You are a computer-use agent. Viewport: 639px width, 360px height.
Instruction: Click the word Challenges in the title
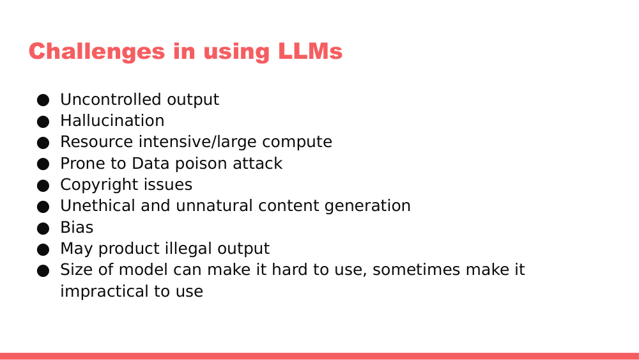[96, 52]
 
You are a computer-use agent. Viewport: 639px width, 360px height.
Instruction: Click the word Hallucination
[112, 121]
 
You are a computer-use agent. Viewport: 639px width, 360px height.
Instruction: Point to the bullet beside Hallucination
[43, 121]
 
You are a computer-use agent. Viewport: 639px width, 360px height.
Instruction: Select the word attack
[258, 164]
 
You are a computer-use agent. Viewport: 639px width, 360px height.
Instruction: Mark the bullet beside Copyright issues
[43, 185]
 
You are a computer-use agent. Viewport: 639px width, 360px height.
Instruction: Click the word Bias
[77, 228]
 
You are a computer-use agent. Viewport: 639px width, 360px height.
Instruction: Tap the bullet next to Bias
[43, 228]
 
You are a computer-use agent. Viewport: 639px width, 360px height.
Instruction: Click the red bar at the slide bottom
[319, 356]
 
